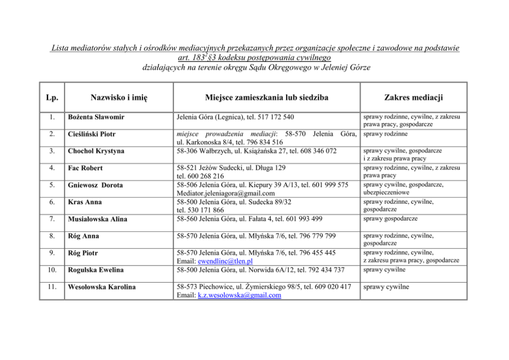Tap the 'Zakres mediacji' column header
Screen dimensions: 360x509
click(x=413, y=97)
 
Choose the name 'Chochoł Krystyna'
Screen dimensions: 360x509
click(x=96, y=151)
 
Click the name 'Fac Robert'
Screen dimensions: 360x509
click(x=85, y=168)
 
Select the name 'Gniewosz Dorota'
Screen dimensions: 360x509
click(x=96, y=185)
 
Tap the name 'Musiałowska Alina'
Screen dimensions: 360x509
click(x=98, y=219)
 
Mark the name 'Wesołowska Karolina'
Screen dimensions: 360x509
click(x=102, y=287)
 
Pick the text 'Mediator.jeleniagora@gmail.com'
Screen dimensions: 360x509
click(x=225, y=193)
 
